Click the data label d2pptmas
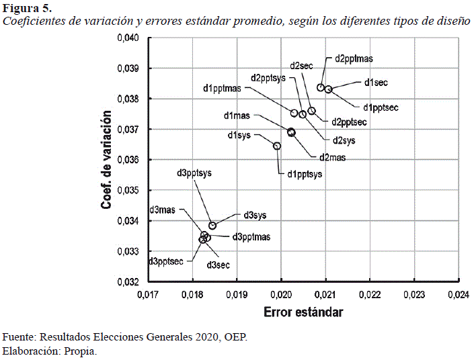click(x=354, y=59)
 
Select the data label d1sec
click(x=376, y=83)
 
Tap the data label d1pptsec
click(x=382, y=107)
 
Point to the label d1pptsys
click(x=305, y=175)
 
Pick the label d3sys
click(x=255, y=215)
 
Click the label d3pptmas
click(x=251, y=236)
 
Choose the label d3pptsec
click(x=166, y=261)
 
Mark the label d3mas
click(x=162, y=210)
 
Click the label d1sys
click(x=239, y=136)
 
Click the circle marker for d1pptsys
click(x=277, y=146)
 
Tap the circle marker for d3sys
click(x=212, y=226)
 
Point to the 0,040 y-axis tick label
click(x=128, y=38)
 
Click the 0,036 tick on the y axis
click(x=128, y=160)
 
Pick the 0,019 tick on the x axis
click(x=237, y=294)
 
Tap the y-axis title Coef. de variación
click(x=106, y=160)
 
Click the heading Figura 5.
click(x=28, y=8)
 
